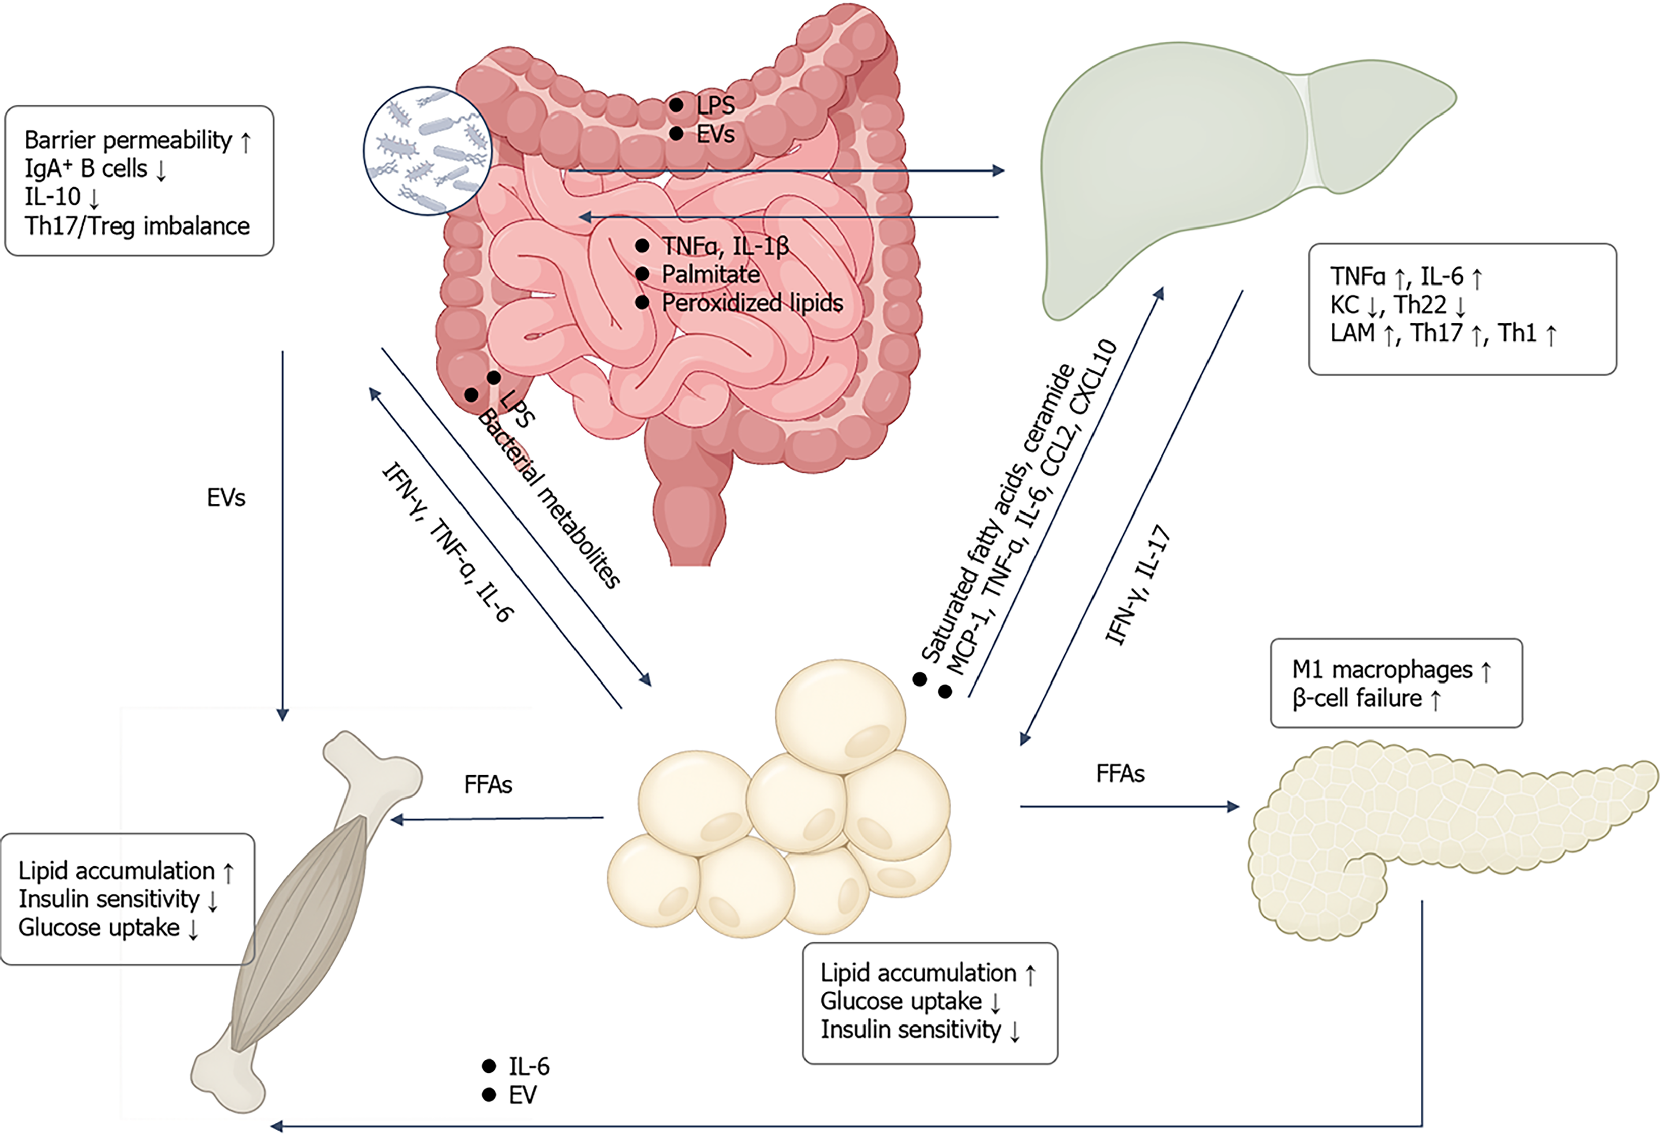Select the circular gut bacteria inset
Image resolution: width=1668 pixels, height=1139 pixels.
point(428,151)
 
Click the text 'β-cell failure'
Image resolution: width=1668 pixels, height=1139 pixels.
point(1356,698)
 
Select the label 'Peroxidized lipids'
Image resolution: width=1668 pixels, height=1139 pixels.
point(752,303)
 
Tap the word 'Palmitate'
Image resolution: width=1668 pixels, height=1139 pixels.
point(711,274)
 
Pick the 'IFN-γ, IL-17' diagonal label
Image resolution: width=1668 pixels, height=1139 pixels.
point(1137,585)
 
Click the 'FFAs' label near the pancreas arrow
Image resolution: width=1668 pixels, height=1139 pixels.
point(1120,774)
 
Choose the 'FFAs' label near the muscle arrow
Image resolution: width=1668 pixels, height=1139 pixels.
point(488,785)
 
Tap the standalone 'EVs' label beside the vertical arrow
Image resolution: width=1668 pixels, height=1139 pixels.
point(226,498)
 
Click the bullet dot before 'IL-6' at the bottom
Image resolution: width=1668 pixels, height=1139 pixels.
point(489,1066)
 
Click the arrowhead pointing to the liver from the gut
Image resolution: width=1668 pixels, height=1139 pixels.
point(998,171)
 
